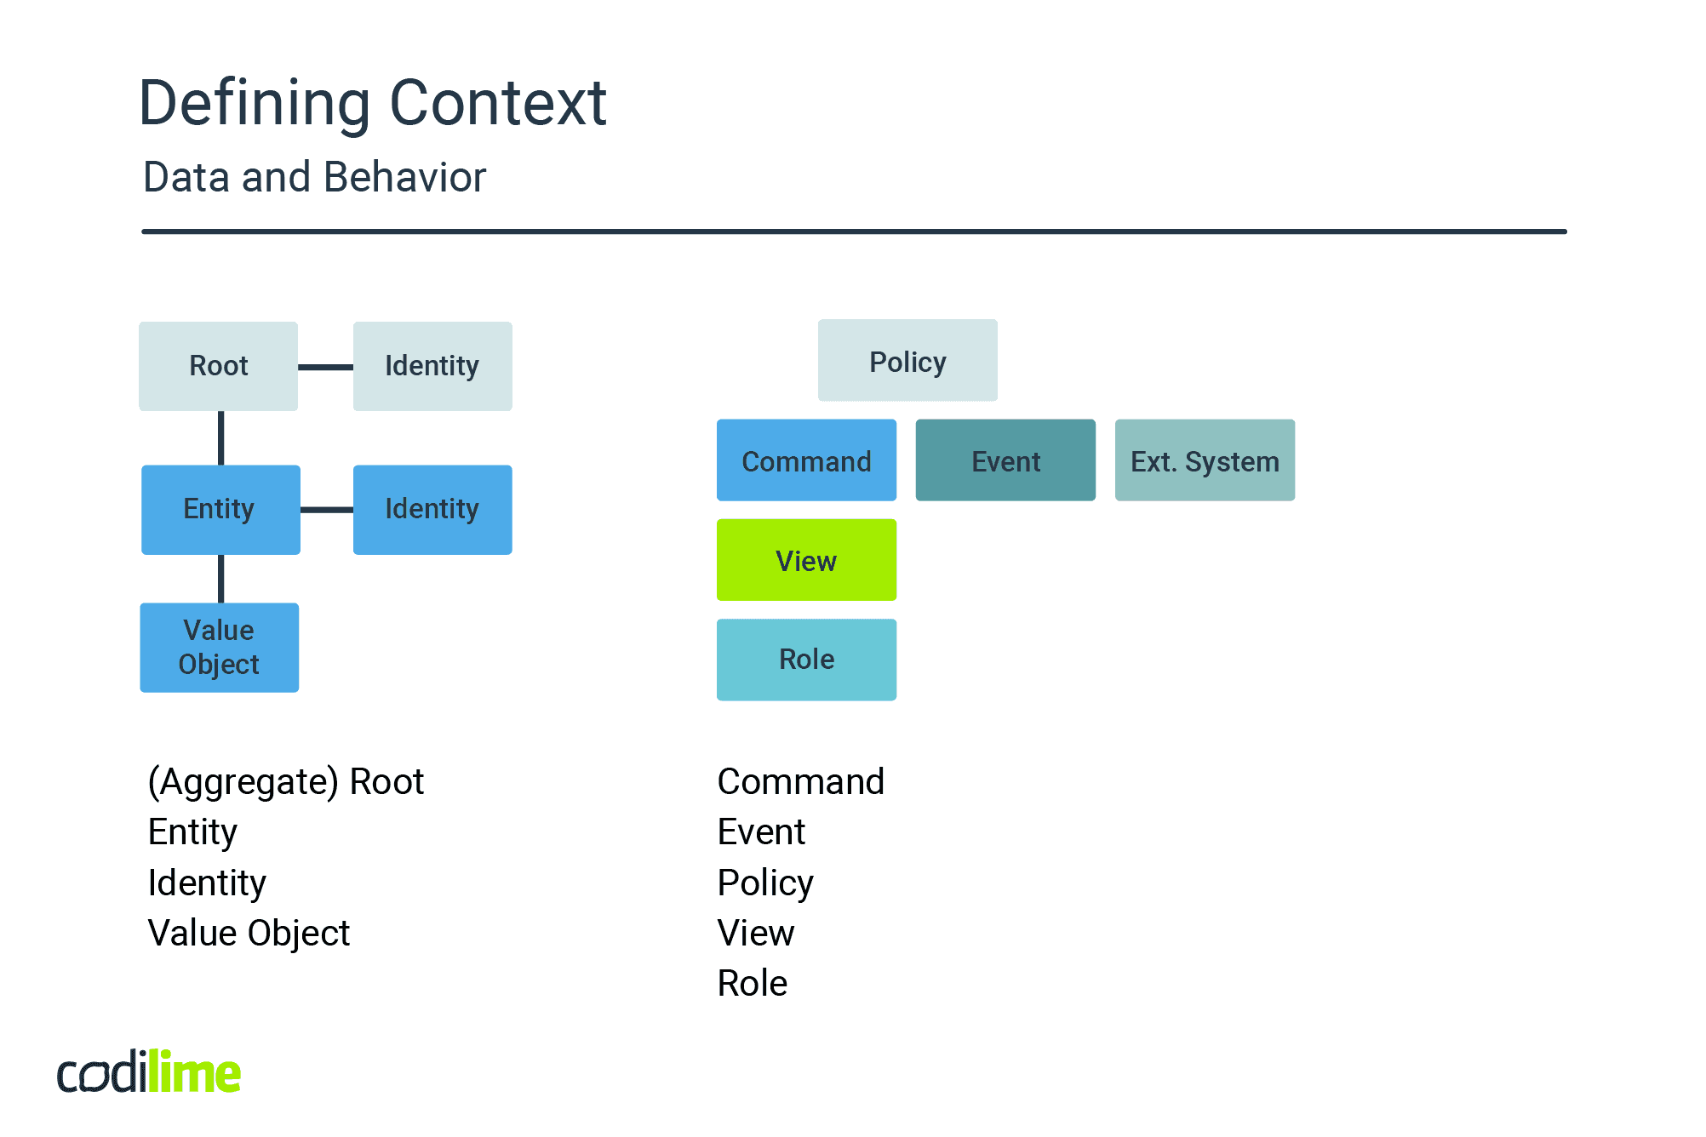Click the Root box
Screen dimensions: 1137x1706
(218, 366)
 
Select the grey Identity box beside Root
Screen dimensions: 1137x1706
(432, 366)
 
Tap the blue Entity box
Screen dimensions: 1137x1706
(220, 509)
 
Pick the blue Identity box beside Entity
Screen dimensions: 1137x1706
(432, 509)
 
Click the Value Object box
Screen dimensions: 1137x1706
(219, 647)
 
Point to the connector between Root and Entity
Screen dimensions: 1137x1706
(221, 437)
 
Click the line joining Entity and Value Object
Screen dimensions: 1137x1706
(221, 579)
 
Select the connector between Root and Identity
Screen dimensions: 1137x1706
(325, 367)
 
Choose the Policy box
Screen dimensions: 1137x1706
(907, 360)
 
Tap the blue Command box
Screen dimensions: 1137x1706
(806, 460)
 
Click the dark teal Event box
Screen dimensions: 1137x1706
(1005, 460)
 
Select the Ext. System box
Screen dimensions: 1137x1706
(1205, 460)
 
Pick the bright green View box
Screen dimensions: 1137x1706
(806, 559)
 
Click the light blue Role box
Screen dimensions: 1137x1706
(806, 660)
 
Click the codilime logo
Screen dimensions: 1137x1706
(149, 1072)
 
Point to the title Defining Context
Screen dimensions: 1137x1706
(372, 103)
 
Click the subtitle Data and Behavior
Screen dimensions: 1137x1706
(314, 177)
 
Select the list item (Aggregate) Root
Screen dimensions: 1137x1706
(285, 781)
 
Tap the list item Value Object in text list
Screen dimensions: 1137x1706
(249, 933)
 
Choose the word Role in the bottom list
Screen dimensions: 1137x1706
(752, 983)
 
